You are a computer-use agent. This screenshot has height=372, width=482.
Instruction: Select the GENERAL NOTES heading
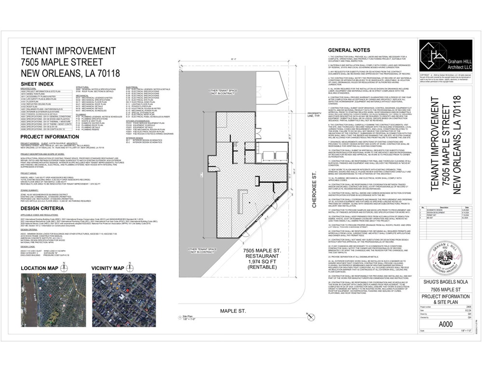[348, 50]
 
